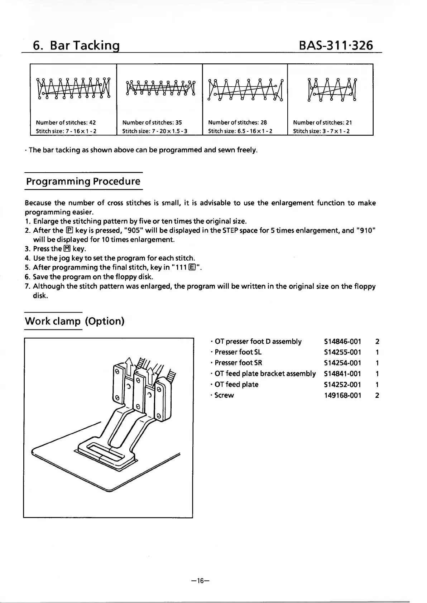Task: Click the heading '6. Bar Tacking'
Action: [76, 45]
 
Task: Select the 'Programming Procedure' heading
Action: [83, 181]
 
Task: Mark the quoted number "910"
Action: [366, 230]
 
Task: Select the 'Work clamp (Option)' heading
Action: [75, 321]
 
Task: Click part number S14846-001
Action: [342, 342]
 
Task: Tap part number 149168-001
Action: [342, 395]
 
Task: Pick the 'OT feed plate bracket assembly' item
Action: [265, 374]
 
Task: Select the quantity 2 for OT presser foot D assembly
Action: [377, 342]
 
